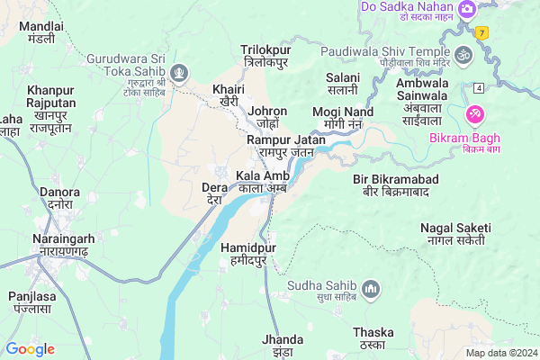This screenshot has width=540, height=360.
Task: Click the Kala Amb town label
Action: [263, 182]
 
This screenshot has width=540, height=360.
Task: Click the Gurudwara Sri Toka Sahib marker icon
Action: [181, 71]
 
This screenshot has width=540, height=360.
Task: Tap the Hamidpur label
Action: [247, 253]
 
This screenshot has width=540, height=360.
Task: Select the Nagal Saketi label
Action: [454, 233]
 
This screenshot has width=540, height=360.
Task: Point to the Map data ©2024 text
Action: [499, 353]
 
